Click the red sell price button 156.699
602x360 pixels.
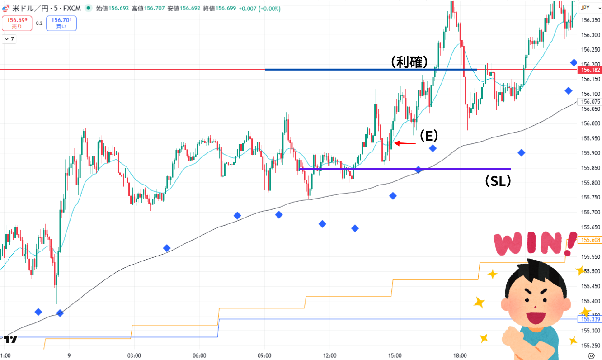(x=17, y=23)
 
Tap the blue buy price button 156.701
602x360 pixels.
(x=61, y=23)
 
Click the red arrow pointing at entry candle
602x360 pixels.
(x=404, y=143)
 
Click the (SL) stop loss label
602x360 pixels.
(x=498, y=181)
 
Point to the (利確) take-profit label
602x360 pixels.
(x=409, y=62)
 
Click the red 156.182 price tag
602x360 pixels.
(x=590, y=70)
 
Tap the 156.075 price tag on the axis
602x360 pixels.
(x=590, y=102)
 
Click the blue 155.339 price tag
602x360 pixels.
(x=590, y=319)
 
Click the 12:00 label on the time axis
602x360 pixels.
(x=330, y=355)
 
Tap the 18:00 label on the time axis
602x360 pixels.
(x=460, y=355)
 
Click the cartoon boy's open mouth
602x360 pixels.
(x=536, y=316)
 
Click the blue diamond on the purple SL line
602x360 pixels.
(x=419, y=170)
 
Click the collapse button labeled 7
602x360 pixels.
(x=9, y=39)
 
